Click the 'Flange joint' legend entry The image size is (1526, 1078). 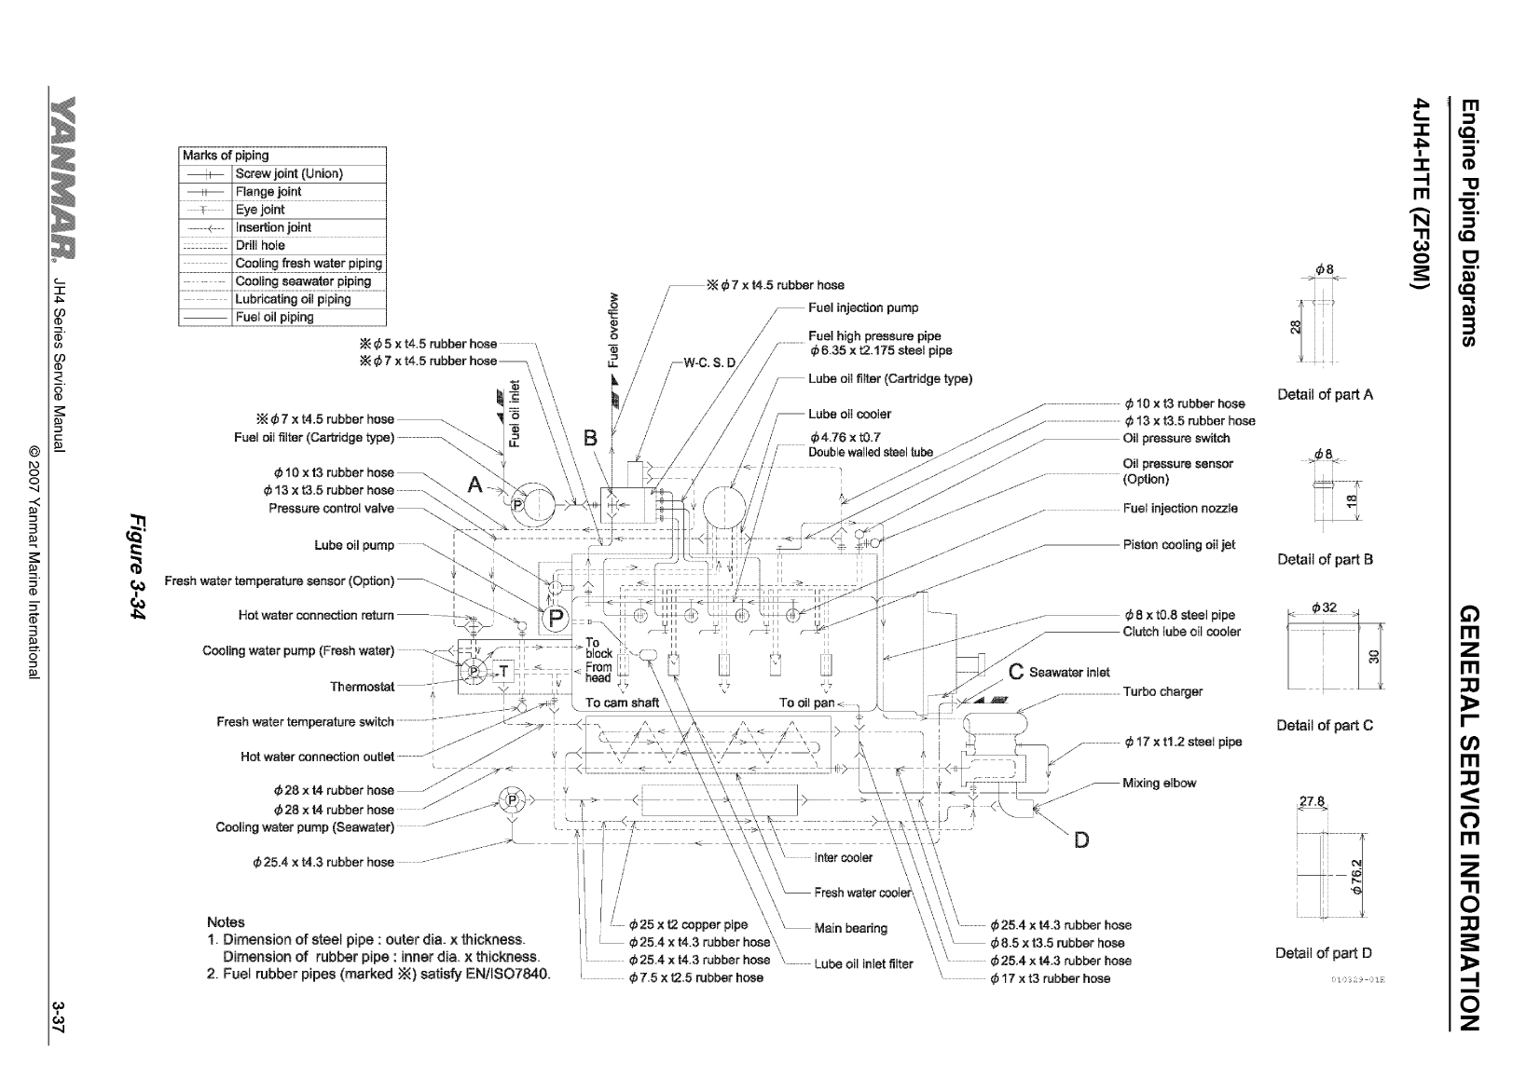pos(268,192)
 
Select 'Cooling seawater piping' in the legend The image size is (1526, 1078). pos(303,281)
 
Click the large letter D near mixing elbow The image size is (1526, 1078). pos(1081,840)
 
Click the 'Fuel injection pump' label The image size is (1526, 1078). pos(863,307)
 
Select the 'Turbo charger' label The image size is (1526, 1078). pos(1162,691)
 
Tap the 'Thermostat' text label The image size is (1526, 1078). pos(362,687)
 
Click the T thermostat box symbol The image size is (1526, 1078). pos(504,671)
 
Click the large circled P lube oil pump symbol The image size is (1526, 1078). pos(557,618)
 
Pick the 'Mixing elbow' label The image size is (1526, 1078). pos(1159,783)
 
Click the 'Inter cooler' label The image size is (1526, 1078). pos(844,857)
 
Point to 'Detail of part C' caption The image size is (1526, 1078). pos(1325,725)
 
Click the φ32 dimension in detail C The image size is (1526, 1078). pos(1324,607)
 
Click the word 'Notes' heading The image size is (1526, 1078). pos(226,922)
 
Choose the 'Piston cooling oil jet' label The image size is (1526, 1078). pos(1179,545)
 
